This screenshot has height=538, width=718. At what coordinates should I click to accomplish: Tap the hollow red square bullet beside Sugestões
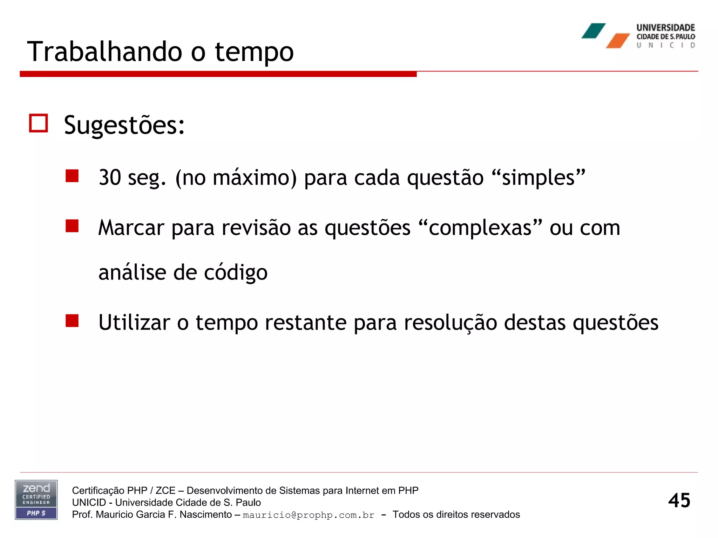[38, 123]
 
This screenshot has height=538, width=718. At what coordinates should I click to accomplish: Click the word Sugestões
[124, 125]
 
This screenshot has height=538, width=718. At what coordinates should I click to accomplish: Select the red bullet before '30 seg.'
[72, 176]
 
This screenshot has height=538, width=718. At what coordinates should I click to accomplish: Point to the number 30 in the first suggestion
[110, 177]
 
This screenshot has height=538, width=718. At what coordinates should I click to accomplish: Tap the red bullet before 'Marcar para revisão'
[72, 226]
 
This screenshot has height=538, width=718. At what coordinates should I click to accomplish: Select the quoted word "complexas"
[480, 228]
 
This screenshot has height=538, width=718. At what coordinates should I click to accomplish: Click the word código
[236, 273]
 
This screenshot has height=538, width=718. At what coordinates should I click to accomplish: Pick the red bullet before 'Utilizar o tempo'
[72, 320]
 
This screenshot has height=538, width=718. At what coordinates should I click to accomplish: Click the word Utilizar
[134, 322]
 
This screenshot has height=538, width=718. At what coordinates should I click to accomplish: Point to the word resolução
[451, 322]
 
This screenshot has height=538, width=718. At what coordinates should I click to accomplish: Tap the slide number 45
[679, 500]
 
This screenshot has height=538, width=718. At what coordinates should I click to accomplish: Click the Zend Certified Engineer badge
[36, 500]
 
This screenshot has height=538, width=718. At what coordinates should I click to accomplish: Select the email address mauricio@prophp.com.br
[309, 515]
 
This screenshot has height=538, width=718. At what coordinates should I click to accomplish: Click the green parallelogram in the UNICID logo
[593, 31]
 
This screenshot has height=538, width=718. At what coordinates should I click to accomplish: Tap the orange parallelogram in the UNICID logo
[618, 41]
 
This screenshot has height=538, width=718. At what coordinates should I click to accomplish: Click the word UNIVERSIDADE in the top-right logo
[665, 28]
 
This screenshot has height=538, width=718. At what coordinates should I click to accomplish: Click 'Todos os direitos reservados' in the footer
[456, 515]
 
